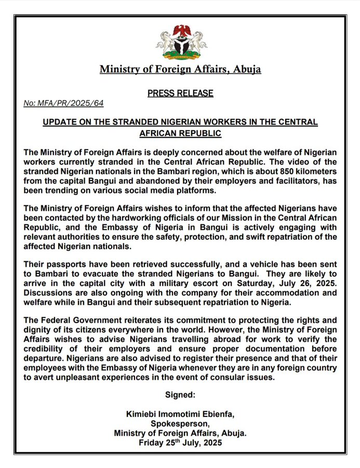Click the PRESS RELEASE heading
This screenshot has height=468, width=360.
(x=180, y=94)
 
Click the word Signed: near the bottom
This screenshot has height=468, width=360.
(x=180, y=395)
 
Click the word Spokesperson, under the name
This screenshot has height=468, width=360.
(x=180, y=424)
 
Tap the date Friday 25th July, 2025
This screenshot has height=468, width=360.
(x=180, y=443)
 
